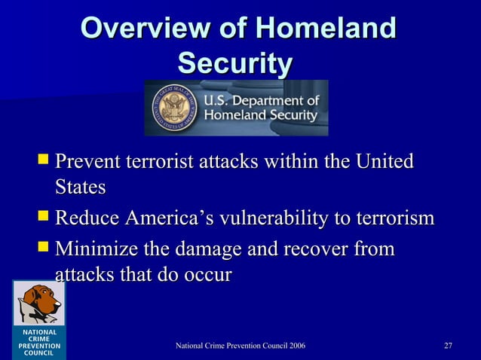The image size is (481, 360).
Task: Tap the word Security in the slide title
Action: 235,63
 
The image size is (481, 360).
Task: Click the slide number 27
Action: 448,346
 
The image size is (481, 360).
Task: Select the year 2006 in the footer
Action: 293,346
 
